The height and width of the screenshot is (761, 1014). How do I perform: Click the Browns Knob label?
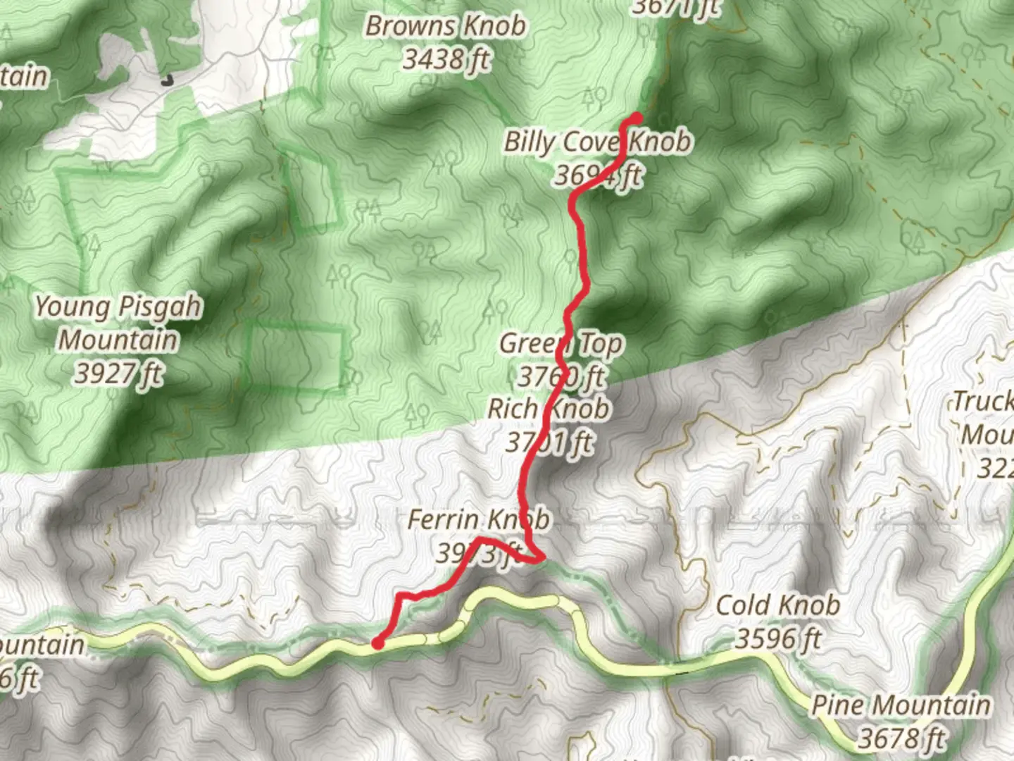(x=445, y=26)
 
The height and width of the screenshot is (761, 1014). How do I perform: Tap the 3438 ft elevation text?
(x=446, y=59)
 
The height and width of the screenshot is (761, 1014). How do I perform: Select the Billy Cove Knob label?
(x=597, y=142)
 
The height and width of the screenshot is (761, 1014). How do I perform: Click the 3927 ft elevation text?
(x=118, y=373)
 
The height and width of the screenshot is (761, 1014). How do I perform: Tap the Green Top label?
(x=561, y=344)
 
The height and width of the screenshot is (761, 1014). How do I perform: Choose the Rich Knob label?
(x=549, y=409)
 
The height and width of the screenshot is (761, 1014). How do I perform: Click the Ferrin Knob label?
(x=479, y=520)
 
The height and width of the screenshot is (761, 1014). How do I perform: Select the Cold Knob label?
(x=777, y=605)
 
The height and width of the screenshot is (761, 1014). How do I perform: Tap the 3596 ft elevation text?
(x=778, y=638)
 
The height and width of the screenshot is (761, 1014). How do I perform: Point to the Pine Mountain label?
(x=901, y=705)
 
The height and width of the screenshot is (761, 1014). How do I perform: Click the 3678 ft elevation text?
(x=901, y=738)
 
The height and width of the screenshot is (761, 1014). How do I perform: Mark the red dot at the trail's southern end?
(x=378, y=642)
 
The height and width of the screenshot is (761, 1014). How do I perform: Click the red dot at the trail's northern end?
(x=637, y=118)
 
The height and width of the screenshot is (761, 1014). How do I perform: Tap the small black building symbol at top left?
(x=166, y=80)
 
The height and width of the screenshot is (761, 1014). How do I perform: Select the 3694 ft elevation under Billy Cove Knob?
(x=597, y=175)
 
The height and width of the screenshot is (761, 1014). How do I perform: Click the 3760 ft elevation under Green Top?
(x=561, y=376)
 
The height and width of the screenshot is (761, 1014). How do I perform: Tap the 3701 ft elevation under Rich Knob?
(x=549, y=443)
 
